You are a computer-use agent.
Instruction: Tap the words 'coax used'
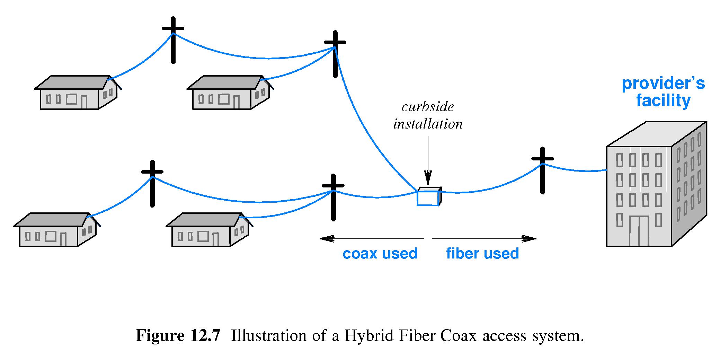click(x=380, y=254)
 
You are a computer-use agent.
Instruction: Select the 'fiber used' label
click(x=482, y=254)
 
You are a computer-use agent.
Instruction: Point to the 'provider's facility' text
click(x=663, y=92)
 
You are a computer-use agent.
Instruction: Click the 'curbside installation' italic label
click(x=428, y=115)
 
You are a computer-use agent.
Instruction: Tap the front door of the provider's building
click(x=639, y=231)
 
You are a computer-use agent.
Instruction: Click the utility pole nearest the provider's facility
click(x=542, y=170)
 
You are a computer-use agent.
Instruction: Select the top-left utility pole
click(x=173, y=40)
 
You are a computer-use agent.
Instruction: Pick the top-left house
click(x=78, y=93)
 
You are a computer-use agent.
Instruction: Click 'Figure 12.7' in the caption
click(x=178, y=336)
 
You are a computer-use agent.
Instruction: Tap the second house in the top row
click(x=230, y=93)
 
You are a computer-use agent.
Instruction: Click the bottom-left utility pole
click(x=152, y=184)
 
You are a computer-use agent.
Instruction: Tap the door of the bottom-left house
click(x=63, y=239)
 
